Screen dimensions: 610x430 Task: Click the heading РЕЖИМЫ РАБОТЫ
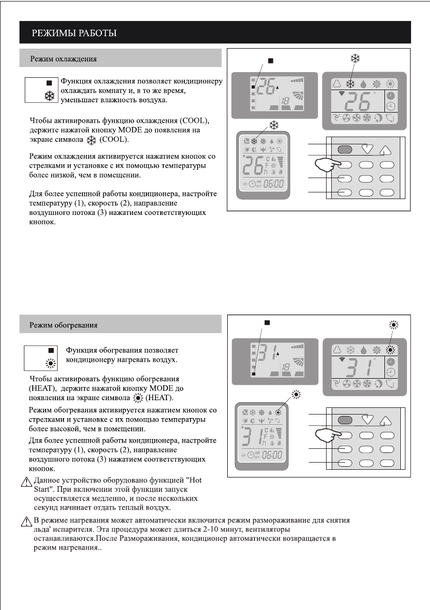click(x=75, y=34)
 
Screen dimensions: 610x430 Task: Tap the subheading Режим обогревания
click(x=63, y=324)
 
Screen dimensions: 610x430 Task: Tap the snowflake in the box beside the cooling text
click(x=49, y=96)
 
